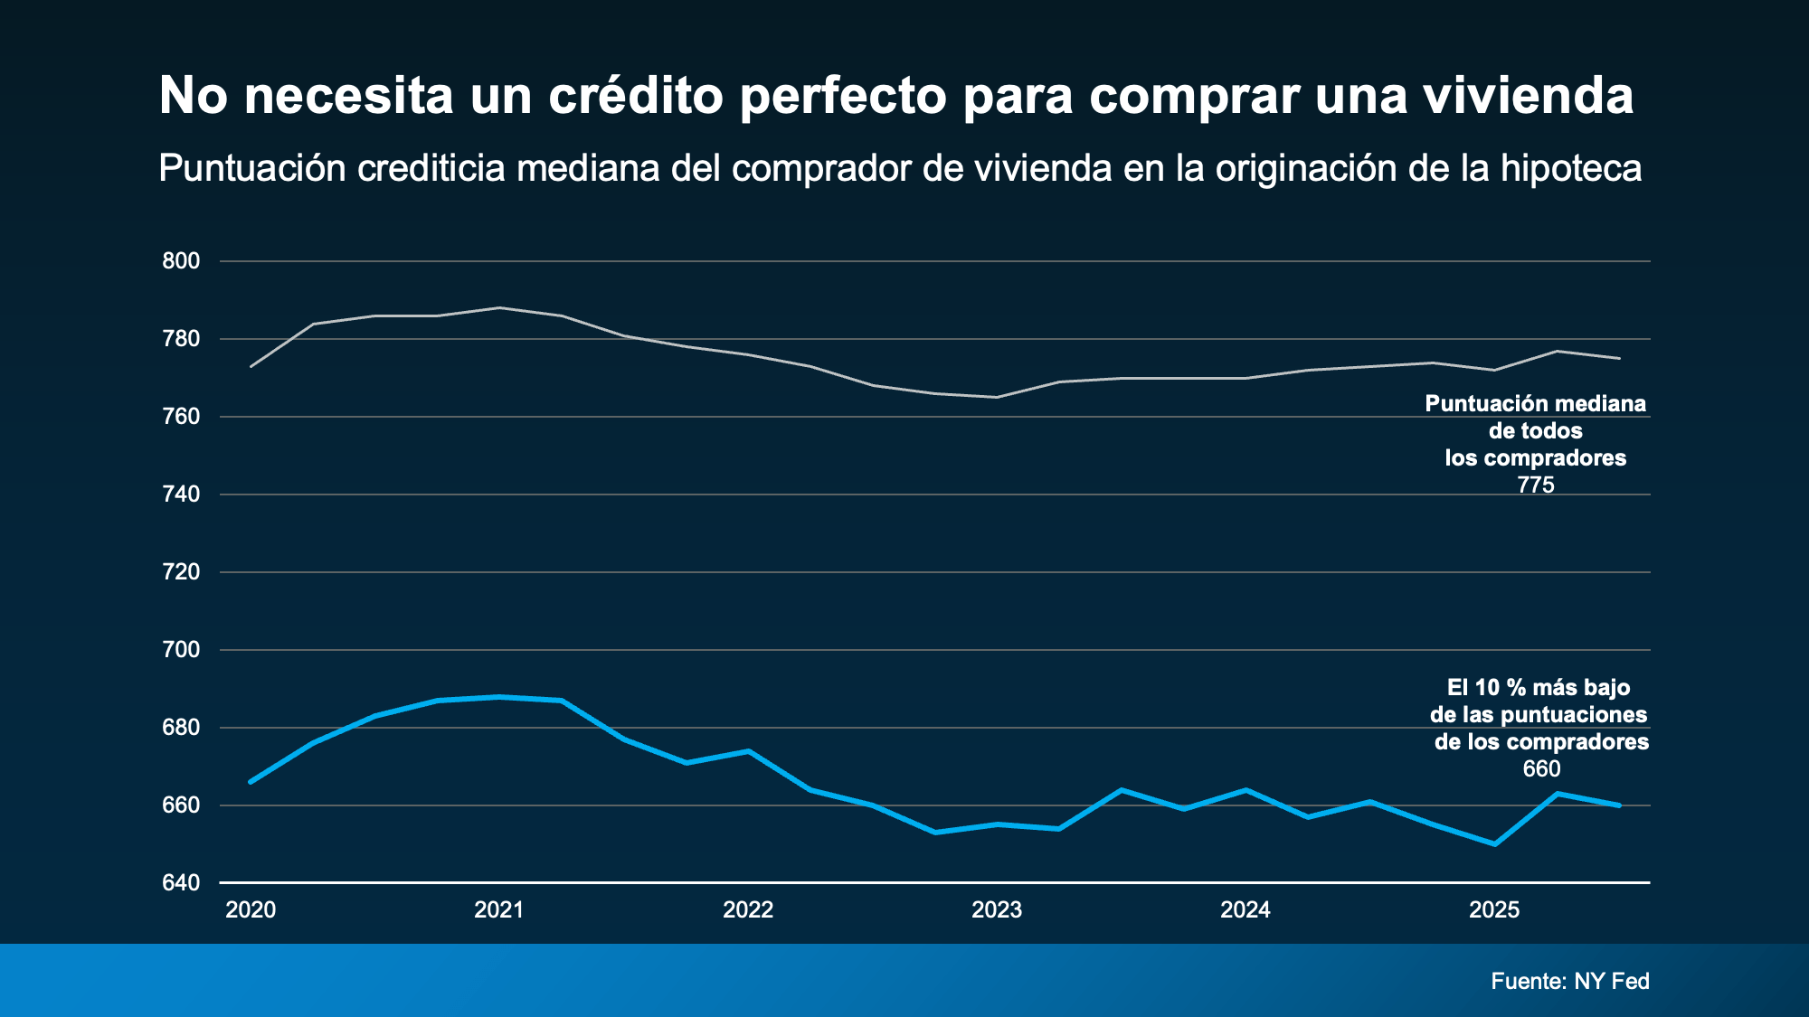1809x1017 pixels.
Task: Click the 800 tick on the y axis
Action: [181, 261]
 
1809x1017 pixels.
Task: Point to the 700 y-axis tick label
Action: [181, 650]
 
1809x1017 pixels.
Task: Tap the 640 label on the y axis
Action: [181, 882]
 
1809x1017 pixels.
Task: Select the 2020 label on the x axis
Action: [251, 910]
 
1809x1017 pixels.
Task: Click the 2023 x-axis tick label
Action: [997, 910]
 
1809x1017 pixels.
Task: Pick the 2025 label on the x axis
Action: [1494, 910]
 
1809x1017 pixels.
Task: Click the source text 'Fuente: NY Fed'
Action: [1570, 981]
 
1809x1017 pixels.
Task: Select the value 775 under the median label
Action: [1536, 485]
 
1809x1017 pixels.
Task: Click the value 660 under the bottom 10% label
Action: [1541, 769]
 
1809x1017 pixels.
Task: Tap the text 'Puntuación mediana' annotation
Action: [1535, 404]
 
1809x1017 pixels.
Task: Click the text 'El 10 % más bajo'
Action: [1539, 688]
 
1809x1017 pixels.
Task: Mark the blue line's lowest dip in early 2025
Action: [1494, 844]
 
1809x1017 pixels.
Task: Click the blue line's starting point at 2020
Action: [251, 782]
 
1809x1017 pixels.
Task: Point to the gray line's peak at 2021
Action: [499, 308]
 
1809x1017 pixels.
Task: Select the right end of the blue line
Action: [1619, 805]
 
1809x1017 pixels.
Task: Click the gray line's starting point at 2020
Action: [251, 366]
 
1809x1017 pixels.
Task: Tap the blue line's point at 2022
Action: [749, 751]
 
